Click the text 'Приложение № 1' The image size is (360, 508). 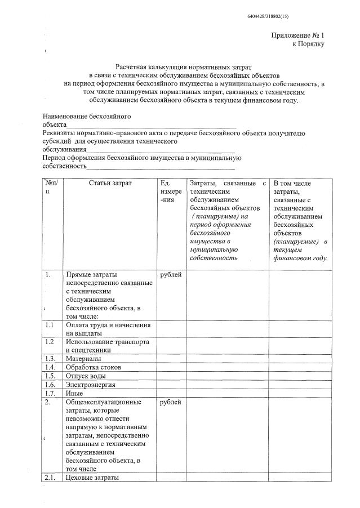[297, 35]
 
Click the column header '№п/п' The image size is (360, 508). [52, 187]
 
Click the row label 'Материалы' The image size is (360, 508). [83, 358]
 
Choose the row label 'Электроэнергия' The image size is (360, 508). [91, 385]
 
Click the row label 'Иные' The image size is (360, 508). [74, 393]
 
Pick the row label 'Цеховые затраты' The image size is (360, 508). [92, 478]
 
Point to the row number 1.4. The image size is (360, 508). [50, 367]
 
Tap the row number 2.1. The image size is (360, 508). [50, 478]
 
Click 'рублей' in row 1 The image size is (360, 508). [171, 274]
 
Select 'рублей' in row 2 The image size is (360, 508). [171, 402]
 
